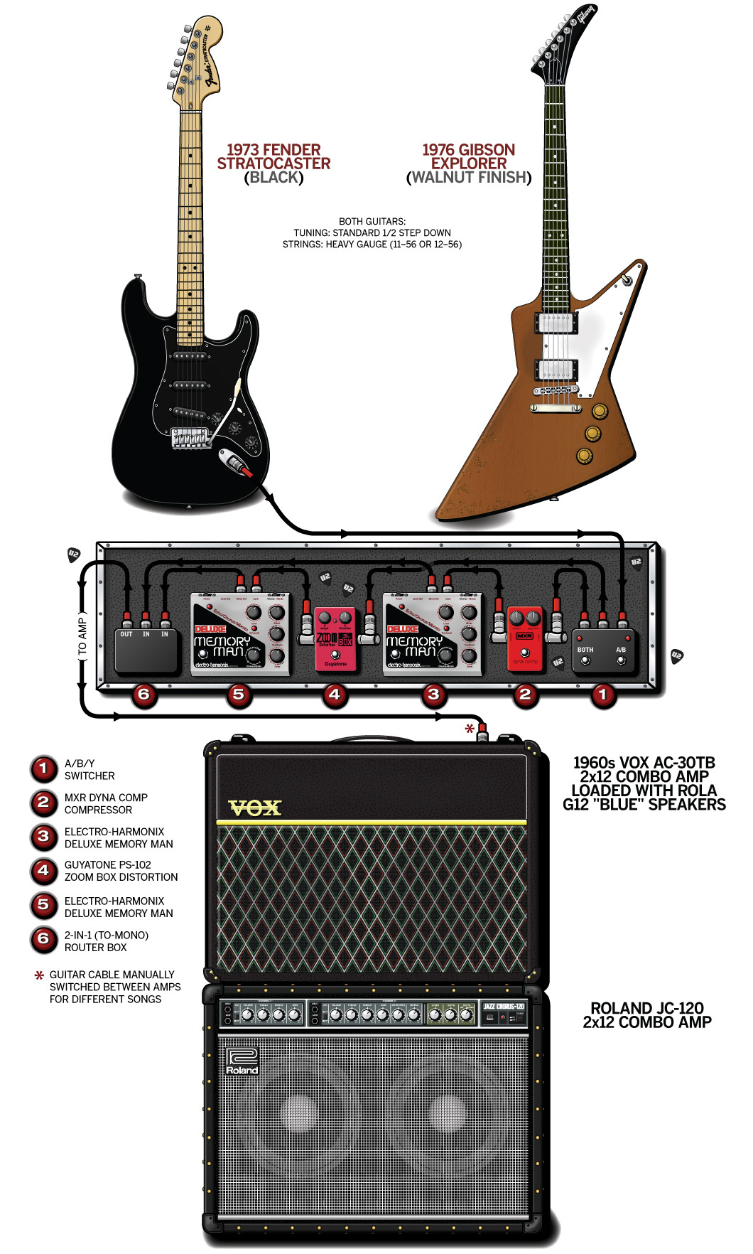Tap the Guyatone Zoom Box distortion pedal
[x=335, y=639]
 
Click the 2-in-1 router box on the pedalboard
[x=146, y=650]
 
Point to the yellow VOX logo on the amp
[x=255, y=808]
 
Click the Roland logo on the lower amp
[x=242, y=1061]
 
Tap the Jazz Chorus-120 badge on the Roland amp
[x=504, y=1007]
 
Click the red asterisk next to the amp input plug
[x=469, y=729]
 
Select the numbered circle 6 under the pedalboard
[x=143, y=694]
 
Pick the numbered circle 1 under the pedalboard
[x=603, y=694]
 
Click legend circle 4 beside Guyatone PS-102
[x=43, y=871]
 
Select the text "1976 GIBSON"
[x=468, y=150]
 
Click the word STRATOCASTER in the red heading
[x=273, y=164]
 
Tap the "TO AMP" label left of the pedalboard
[x=82, y=637]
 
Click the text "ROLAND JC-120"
[x=646, y=1008]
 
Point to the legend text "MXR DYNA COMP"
[x=106, y=798]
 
